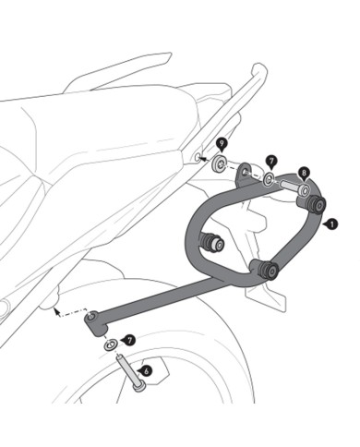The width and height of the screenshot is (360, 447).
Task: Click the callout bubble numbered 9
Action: click(222, 143)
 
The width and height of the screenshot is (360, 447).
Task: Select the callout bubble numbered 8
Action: click(305, 172)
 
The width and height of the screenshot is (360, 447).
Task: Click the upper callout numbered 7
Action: click(271, 161)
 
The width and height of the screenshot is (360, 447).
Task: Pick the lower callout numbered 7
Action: click(128, 341)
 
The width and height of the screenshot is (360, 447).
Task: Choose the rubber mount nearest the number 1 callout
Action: click(317, 203)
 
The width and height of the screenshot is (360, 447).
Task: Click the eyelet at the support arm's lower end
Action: click(92, 320)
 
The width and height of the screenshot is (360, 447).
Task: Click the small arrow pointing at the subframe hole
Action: click(200, 158)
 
